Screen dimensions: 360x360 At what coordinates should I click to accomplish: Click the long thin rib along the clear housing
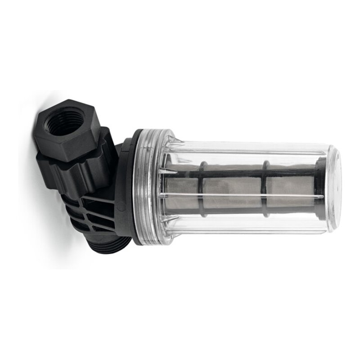pyautogui.click(x=243, y=195)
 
